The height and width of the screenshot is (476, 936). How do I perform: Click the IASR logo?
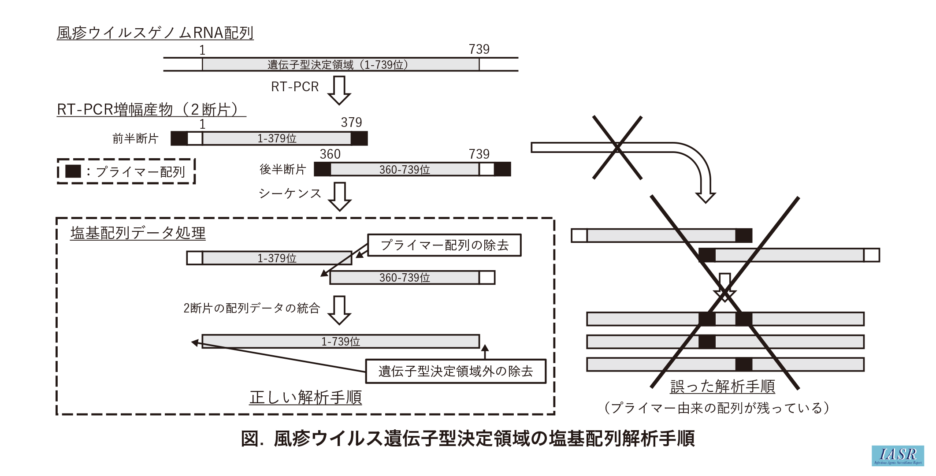897,455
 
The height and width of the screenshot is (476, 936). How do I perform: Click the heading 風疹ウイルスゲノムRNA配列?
155,33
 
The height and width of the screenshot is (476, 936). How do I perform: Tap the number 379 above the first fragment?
351,123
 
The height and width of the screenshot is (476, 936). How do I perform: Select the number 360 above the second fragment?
330,154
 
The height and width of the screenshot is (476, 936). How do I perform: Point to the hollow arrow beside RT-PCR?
339,90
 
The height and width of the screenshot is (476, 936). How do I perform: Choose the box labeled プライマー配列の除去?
444,245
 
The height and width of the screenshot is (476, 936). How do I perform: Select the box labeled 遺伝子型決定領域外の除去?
456,371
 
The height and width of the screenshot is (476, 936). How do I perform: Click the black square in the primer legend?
73,171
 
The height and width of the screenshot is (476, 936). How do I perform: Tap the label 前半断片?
135,139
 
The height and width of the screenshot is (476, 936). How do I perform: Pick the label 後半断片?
282,169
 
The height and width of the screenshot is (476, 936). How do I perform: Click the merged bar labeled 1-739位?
341,342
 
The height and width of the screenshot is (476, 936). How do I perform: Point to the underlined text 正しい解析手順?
305,398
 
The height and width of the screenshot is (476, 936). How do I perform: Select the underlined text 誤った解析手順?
722,387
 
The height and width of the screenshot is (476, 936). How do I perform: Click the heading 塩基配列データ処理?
138,233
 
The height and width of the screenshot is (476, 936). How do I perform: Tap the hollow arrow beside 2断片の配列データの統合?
339,310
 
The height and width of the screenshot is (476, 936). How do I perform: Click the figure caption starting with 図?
468,439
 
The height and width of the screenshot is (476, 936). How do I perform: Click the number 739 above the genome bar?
479,49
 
